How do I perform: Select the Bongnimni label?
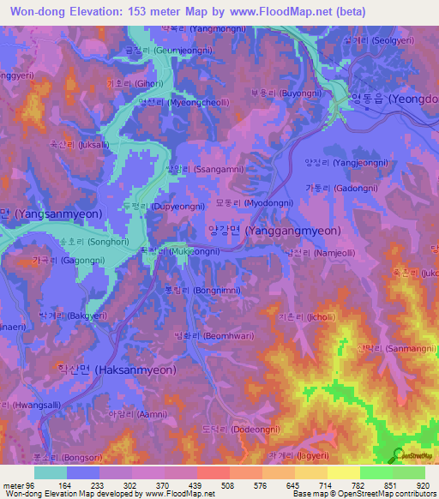coord(190,290)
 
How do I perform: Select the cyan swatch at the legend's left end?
coord(51,472)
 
